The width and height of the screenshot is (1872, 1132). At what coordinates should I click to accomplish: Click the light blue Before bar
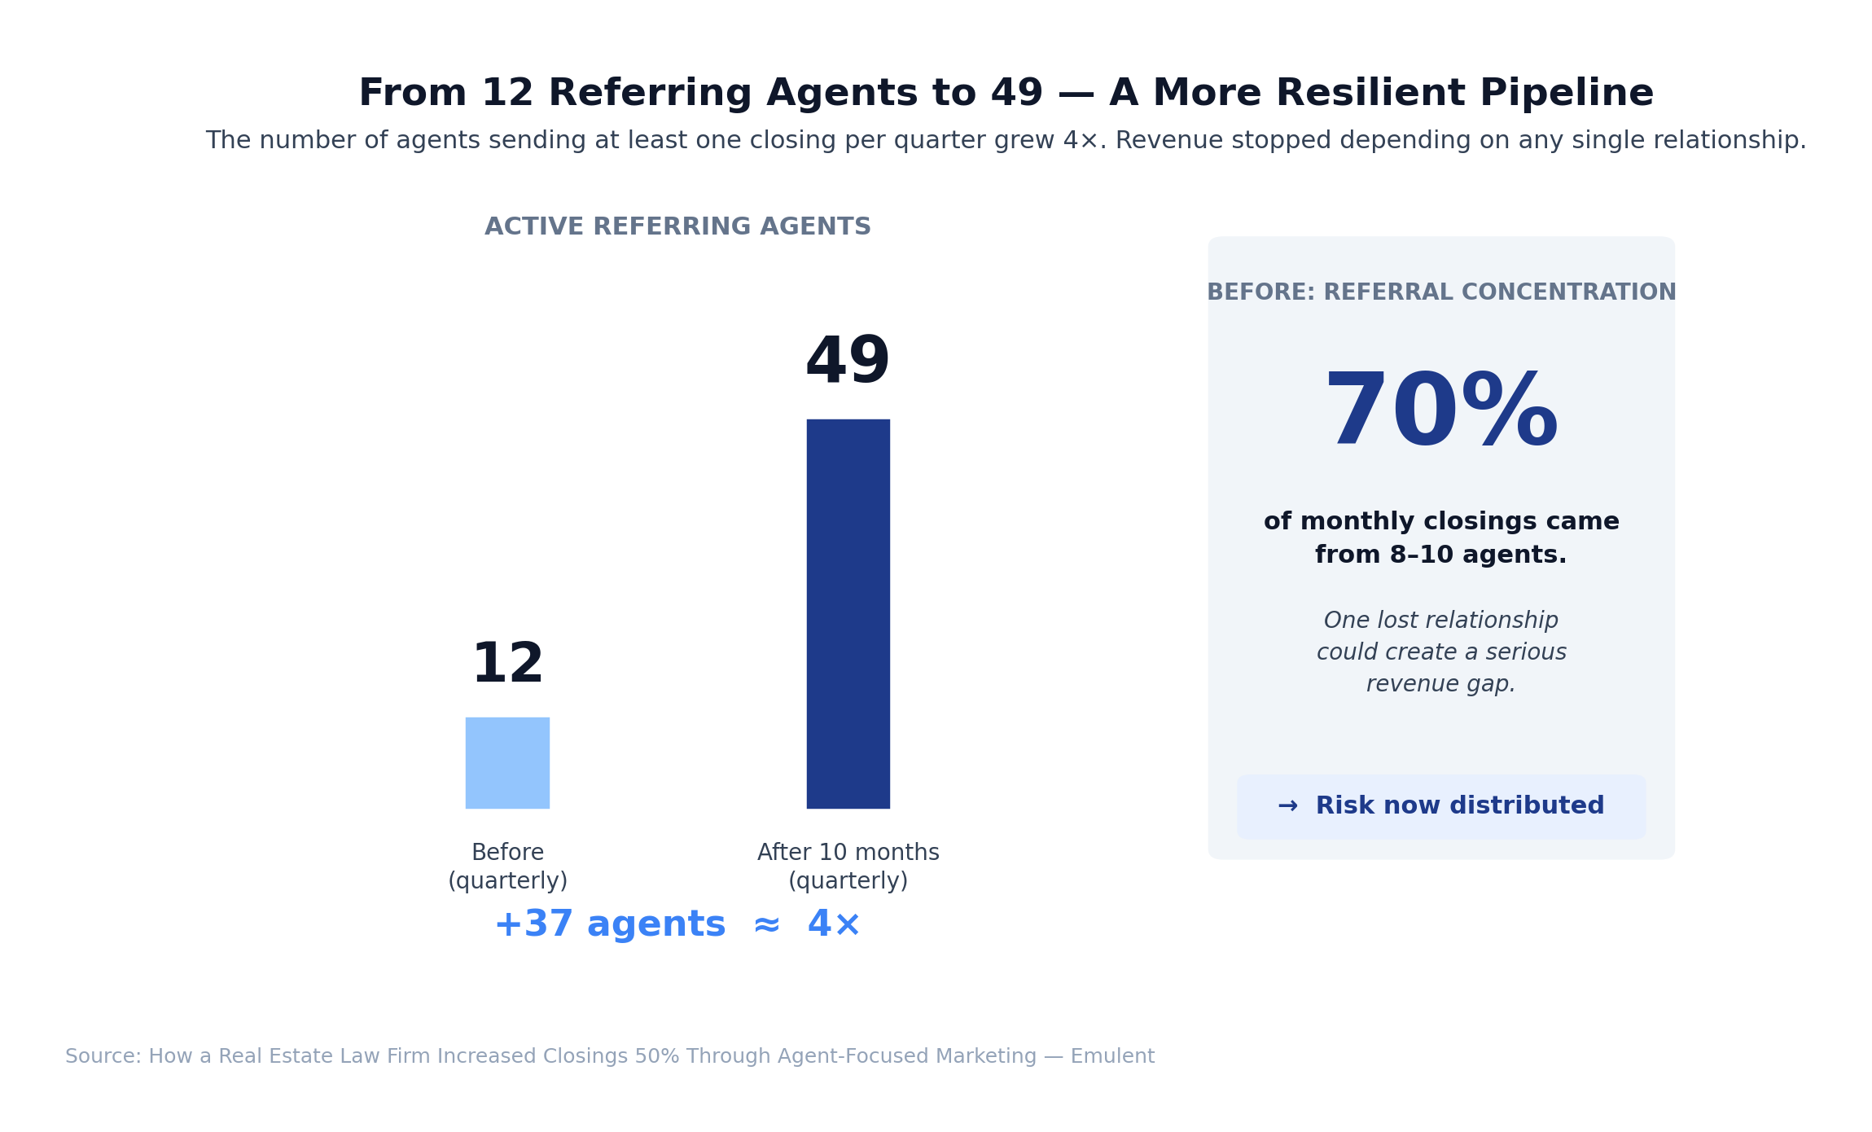point(507,762)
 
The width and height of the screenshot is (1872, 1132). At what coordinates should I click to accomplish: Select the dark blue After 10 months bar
point(848,613)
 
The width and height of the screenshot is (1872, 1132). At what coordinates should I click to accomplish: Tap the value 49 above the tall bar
point(847,362)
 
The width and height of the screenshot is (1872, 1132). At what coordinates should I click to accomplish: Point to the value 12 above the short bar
point(507,665)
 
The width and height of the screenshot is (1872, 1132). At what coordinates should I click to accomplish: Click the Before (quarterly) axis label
point(507,867)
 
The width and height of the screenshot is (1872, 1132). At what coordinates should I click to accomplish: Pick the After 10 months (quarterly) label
point(848,867)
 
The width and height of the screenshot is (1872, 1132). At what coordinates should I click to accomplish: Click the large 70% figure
point(1440,412)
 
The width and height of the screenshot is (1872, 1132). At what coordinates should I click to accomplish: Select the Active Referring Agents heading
point(677,226)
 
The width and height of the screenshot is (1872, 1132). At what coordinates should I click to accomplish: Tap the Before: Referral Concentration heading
point(1440,292)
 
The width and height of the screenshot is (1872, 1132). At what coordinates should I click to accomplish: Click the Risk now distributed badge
point(1440,806)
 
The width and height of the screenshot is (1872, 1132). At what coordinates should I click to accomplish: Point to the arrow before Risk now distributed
point(1287,806)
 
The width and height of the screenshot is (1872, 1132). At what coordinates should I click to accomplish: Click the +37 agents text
point(609,924)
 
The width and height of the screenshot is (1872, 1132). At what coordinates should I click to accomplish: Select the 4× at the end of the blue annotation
point(834,924)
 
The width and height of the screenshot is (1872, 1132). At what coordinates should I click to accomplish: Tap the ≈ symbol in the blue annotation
point(766,925)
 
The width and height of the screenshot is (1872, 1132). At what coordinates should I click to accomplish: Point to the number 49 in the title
point(1016,93)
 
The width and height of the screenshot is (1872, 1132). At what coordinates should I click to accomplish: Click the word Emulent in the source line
point(1112,1056)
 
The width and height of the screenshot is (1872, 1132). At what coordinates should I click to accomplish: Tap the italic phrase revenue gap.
point(1440,684)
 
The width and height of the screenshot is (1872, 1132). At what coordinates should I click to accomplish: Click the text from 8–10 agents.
point(1440,555)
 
